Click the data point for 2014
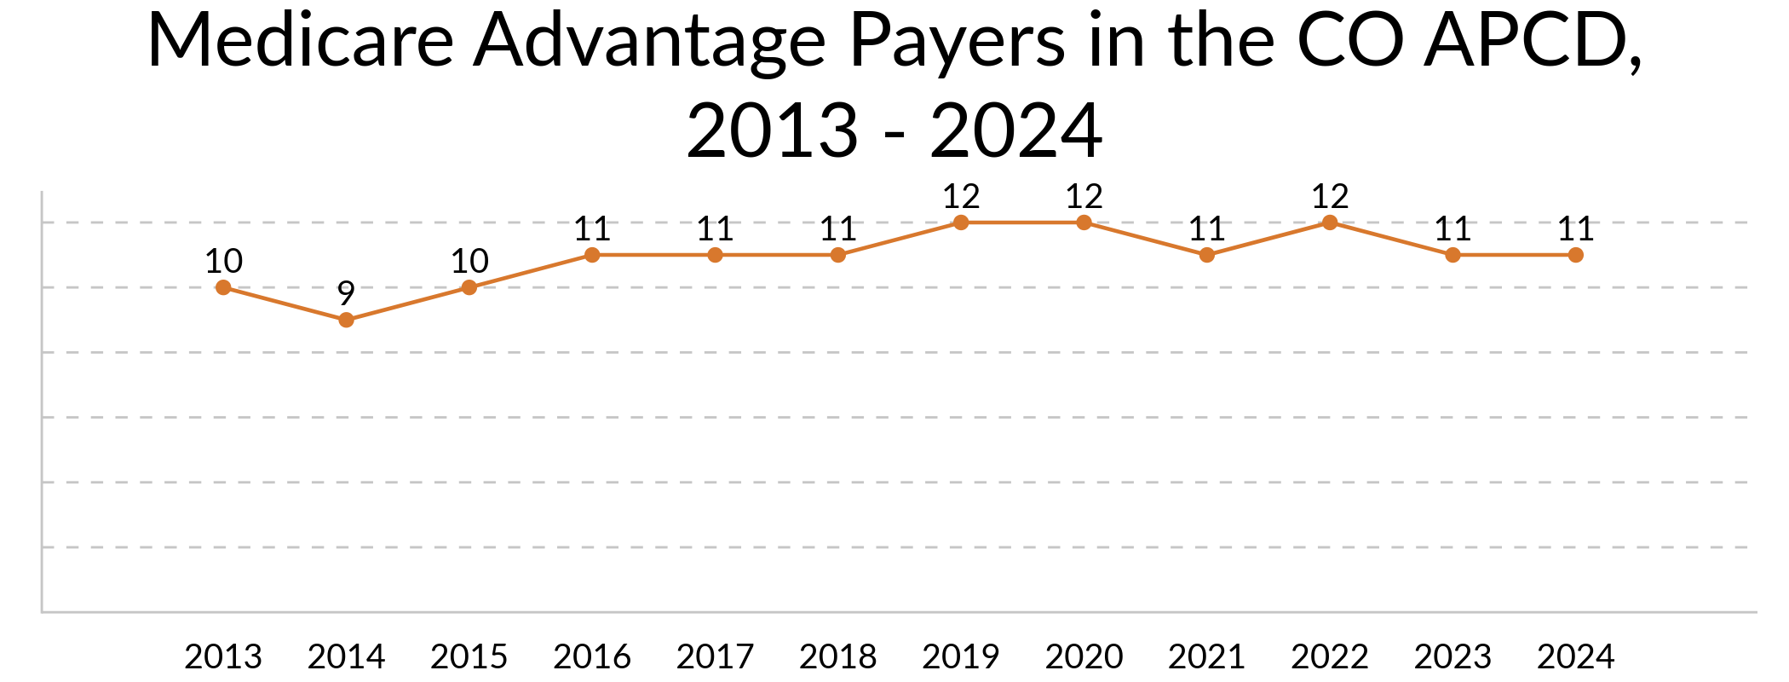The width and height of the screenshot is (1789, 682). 346,320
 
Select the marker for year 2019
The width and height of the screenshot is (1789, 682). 961,223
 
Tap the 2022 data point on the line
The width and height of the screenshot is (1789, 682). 1330,223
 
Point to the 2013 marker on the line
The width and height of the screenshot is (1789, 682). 223,287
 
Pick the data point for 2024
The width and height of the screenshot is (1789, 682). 1576,255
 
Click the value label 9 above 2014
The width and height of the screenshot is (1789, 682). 346,293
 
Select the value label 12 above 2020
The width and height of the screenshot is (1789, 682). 1084,197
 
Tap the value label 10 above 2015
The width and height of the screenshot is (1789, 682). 469,261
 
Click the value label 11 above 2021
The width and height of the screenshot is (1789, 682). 1207,228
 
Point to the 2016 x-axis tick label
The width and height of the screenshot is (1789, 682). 592,656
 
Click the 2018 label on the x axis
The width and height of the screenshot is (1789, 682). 838,656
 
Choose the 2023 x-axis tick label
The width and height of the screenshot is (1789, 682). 1452,656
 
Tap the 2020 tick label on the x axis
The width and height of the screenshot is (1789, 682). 1084,656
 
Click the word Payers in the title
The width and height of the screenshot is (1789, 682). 958,40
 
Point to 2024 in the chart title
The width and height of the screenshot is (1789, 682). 1016,130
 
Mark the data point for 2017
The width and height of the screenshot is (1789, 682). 715,255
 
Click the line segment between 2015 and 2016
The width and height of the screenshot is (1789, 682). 531,271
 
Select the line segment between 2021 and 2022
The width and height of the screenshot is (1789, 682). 1268,239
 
